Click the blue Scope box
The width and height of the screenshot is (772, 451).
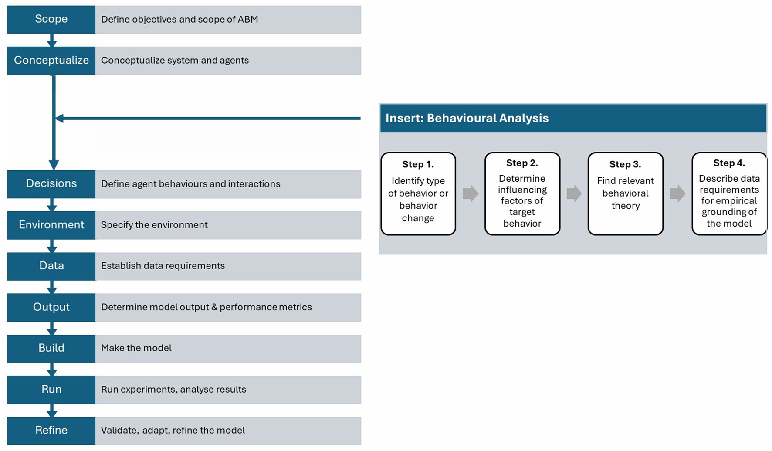[x=51, y=19]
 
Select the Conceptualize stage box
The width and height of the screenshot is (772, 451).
[x=51, y=61]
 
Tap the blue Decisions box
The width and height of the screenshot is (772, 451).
[x=51, y=183]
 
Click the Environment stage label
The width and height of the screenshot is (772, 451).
[x=51, y=225]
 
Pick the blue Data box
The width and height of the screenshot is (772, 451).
[x=51, y=266]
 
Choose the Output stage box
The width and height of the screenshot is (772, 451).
[x=51, y=307]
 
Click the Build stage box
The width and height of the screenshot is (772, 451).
[x=51, y=348]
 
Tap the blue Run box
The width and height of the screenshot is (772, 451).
[x=51, y=390]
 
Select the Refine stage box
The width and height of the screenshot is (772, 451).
[x=51, y=431]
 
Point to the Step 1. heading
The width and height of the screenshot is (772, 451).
[x=418, y=164]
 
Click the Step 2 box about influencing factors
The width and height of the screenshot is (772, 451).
[x=522, y=194]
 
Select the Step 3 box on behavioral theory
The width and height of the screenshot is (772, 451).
[x=625, y=194]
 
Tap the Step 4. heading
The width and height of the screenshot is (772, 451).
[x=729, y=163]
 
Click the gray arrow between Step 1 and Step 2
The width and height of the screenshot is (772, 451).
[x=471, y=193]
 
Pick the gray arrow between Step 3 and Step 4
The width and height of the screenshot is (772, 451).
[x=677, y=193]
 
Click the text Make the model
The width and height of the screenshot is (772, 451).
[x=136, y=348]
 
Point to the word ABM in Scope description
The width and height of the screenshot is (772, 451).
[x=248, y=20]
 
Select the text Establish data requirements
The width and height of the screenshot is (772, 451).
[x=163, y=266]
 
